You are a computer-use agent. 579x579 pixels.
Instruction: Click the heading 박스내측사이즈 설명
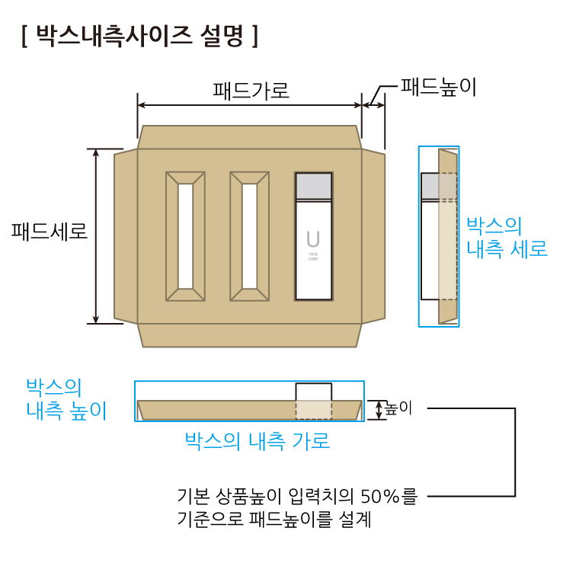click(x=140, y=37)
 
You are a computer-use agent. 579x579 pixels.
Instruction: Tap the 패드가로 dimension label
click(x=251, y=91)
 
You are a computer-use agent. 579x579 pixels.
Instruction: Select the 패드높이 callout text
click(x=438, y=87)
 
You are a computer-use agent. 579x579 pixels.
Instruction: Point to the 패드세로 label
click(x=49, y=232)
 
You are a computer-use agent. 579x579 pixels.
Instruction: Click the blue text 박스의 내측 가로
click(x=257, y=441)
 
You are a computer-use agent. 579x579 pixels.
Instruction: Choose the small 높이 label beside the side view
click(x=398, y=408)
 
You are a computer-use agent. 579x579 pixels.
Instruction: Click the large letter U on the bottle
click(x=313, y=239)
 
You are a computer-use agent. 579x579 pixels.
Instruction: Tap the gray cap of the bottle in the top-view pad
click(x=314, y=187)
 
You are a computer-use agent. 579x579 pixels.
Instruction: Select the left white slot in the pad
click(x=185, y=236)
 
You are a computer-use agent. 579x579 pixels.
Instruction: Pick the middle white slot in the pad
click(x=250, y=236)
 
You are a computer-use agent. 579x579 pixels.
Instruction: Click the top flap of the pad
click(x=249, y=137)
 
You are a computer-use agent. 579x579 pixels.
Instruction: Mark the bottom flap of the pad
click(x=249, y=335)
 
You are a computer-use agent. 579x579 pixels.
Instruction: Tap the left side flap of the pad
click(x=126, y=236)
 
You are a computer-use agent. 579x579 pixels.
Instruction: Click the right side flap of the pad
click(x=373, y=236)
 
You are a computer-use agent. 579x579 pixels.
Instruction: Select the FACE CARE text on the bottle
click(x=313, y=257)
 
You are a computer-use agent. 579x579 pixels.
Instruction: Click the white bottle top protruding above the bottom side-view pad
click(x=314, y=392)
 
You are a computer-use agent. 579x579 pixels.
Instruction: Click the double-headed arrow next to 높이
click(x=379, y=410)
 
